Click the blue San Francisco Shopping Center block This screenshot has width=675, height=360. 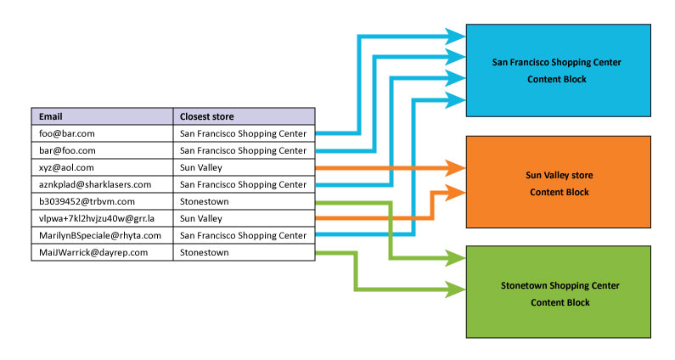coord(557,70)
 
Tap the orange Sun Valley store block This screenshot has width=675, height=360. coord(557,183)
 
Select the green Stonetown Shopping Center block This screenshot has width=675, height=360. coord(557,293)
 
